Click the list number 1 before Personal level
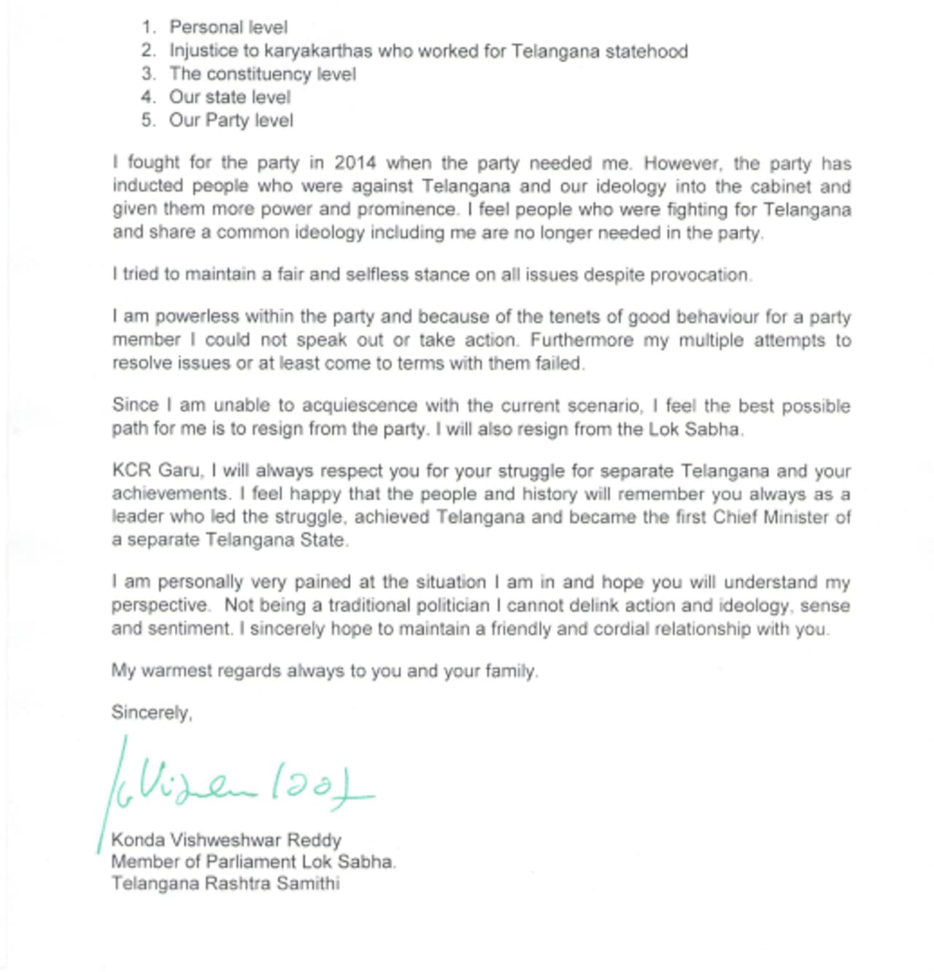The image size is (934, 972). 148,28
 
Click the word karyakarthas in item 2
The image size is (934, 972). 318,51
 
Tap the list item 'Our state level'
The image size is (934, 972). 229,97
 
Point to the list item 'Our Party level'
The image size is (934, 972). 231,120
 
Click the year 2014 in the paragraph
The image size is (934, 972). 355,163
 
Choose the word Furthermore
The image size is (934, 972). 581,341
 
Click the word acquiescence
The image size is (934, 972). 360,406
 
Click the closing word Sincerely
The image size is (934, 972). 151,713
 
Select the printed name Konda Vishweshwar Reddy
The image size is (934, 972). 226,840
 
